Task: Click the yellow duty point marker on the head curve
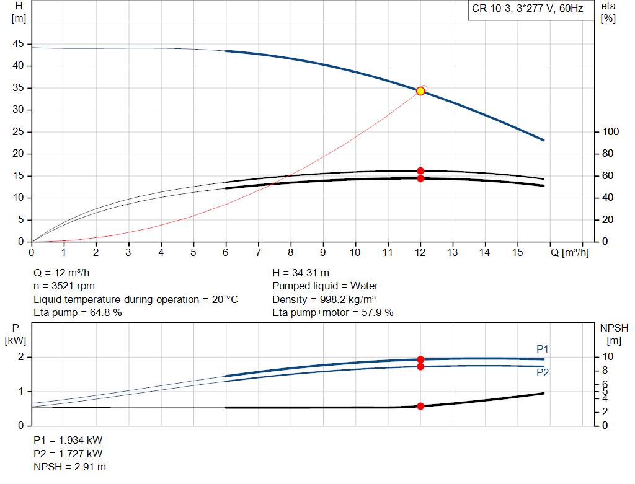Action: [420, 91]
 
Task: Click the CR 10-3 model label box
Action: [526, 10]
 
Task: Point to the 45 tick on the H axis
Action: [19, 44]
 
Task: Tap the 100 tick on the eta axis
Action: [611, 131]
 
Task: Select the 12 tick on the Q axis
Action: [420, 252]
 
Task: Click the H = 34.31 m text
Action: [301, 273]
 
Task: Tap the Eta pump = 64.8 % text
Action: [78, 312]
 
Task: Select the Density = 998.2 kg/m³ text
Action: [325, 299]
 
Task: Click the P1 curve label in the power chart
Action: [543, 349]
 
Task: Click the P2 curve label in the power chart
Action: [543, 373]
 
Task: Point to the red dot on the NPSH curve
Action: [420, 406]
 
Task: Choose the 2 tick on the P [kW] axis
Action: [20, 357]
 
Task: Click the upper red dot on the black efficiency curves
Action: [420, 170]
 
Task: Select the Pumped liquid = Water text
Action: [325, 286]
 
